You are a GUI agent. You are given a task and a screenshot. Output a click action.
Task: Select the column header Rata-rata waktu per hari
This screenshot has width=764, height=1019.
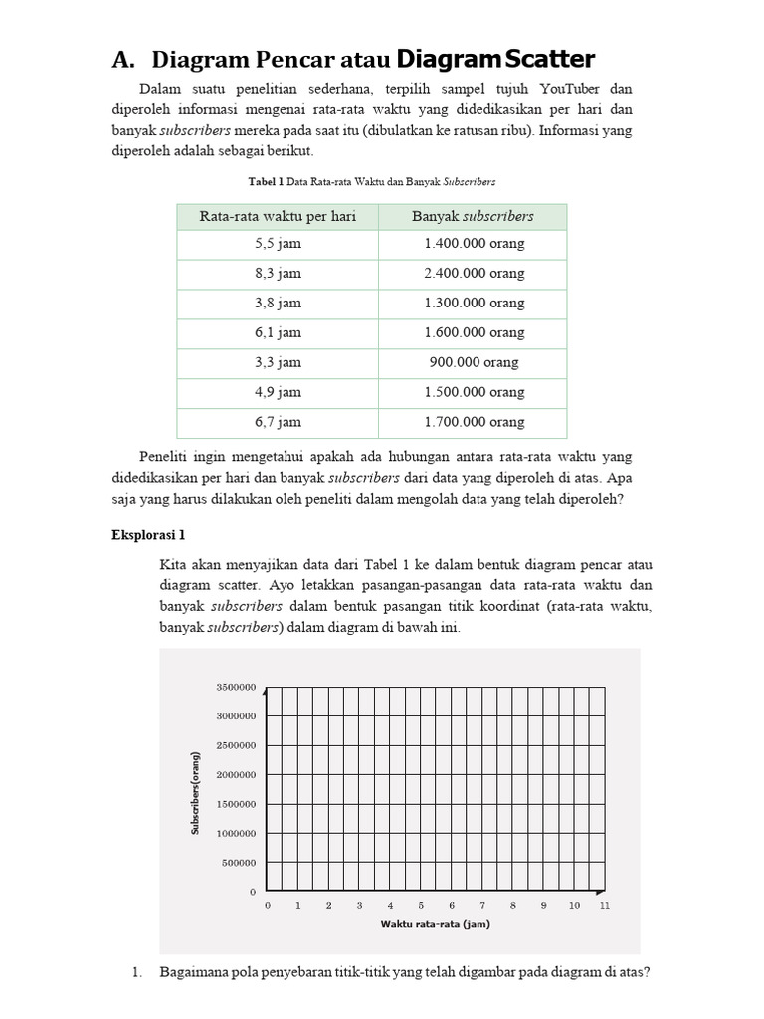click(278, 216)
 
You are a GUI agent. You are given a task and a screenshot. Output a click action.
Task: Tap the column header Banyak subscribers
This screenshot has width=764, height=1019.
click(473, 216)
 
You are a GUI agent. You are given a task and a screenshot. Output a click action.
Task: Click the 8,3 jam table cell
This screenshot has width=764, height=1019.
click(278, 273)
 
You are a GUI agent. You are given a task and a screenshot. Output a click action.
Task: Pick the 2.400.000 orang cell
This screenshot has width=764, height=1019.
click(473, 273)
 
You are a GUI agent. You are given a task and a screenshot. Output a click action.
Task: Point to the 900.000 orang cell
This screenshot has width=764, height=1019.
click(473, 362)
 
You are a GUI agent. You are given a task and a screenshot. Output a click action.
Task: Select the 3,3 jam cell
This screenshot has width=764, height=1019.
click(278, 362)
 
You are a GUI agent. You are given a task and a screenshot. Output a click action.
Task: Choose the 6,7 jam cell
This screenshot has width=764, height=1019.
click(278, 422)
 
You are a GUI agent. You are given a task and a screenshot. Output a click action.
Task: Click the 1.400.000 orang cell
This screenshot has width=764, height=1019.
click(473, 243)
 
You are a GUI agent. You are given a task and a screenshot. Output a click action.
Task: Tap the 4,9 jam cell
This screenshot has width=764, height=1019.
click(278, 392)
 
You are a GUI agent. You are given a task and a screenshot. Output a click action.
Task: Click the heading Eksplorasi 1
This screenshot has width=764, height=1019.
click(148, 535)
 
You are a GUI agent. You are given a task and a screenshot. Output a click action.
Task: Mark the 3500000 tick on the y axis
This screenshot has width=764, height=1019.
click(237, 687)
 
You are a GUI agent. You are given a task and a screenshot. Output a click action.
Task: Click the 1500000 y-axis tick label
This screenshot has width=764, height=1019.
click(237, 804)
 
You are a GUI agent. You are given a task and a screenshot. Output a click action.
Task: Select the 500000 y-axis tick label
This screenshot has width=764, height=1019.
click(240, 863)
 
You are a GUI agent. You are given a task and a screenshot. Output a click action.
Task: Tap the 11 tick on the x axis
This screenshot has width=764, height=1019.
click(605, 905)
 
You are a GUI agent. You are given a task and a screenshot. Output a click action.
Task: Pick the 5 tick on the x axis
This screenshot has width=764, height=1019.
click(421, 905)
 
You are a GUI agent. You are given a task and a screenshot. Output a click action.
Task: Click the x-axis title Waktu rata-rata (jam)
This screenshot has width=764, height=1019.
click(435, 924)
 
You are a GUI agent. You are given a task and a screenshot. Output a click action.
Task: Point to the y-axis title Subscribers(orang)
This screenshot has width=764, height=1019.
click(196, 789)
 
